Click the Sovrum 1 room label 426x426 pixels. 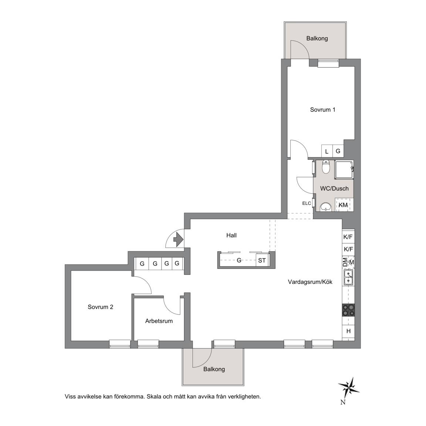[322, 110]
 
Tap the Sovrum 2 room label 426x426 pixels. [100, 307]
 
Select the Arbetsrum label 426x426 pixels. [159, 321]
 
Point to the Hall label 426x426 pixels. [231, 235]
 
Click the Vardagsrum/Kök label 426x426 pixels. [310, 282]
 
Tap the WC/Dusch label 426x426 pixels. [334, 189]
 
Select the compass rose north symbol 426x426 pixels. [349, 388]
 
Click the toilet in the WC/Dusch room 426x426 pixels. [325, 167]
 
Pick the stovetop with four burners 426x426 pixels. [348, 310]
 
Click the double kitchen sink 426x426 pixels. [348, 277]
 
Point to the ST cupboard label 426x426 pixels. [262, 261]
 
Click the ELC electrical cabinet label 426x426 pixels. [307, 203]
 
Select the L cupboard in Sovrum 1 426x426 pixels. [327, 151]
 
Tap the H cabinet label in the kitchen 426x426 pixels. [349, 331]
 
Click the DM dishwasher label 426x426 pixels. [345, 262]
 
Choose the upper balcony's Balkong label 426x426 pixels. [317, 38]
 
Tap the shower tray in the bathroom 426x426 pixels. [344, 169]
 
